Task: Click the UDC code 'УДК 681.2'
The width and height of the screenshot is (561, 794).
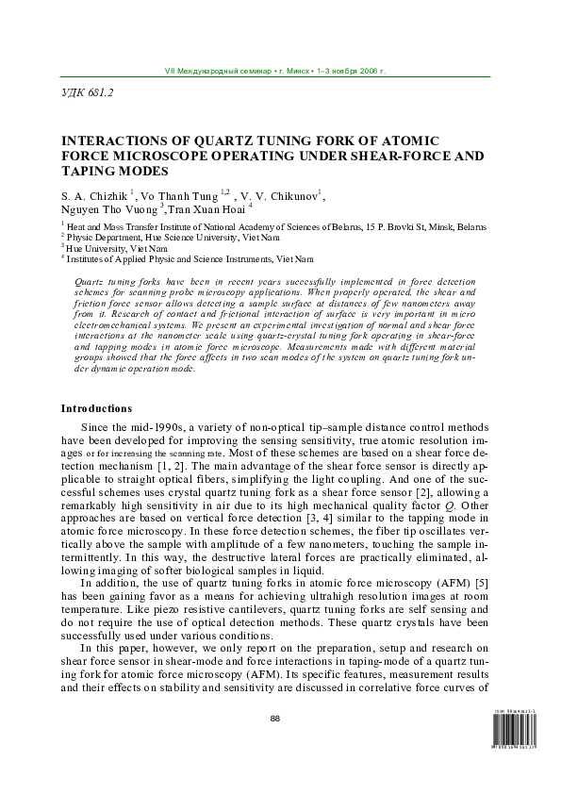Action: pyautogui.click(x=88, y=94)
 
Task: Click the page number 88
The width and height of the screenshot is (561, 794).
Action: pyautogui.click(x=276, y=719)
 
